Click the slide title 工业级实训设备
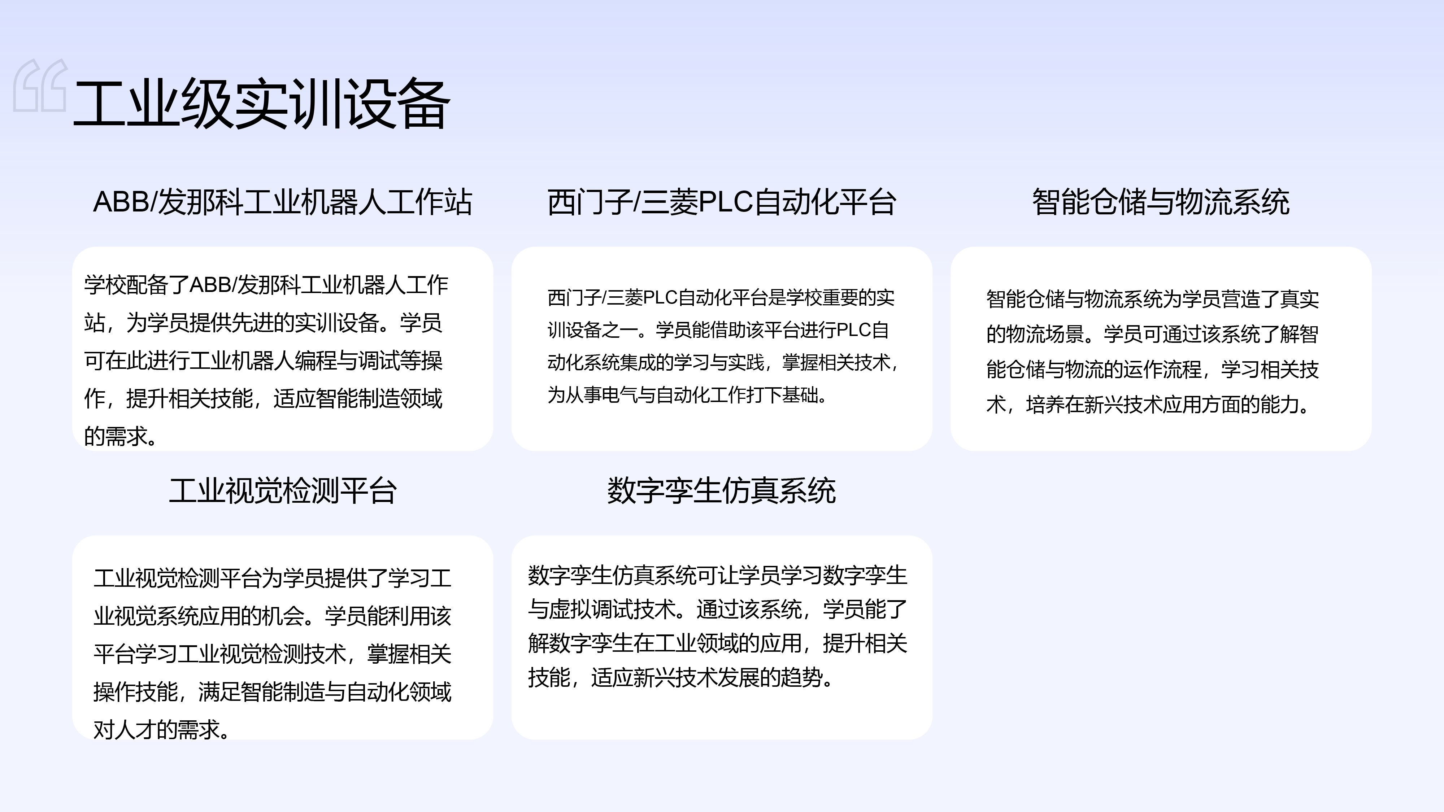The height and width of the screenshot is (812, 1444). (261, 104)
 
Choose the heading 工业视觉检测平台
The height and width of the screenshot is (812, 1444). (283, 490)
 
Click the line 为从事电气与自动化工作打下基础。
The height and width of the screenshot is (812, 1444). (687, 395)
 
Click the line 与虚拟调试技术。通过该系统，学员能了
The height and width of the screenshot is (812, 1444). (718, 609)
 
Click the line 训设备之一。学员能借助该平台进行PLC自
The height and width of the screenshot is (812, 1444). (718, 330)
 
